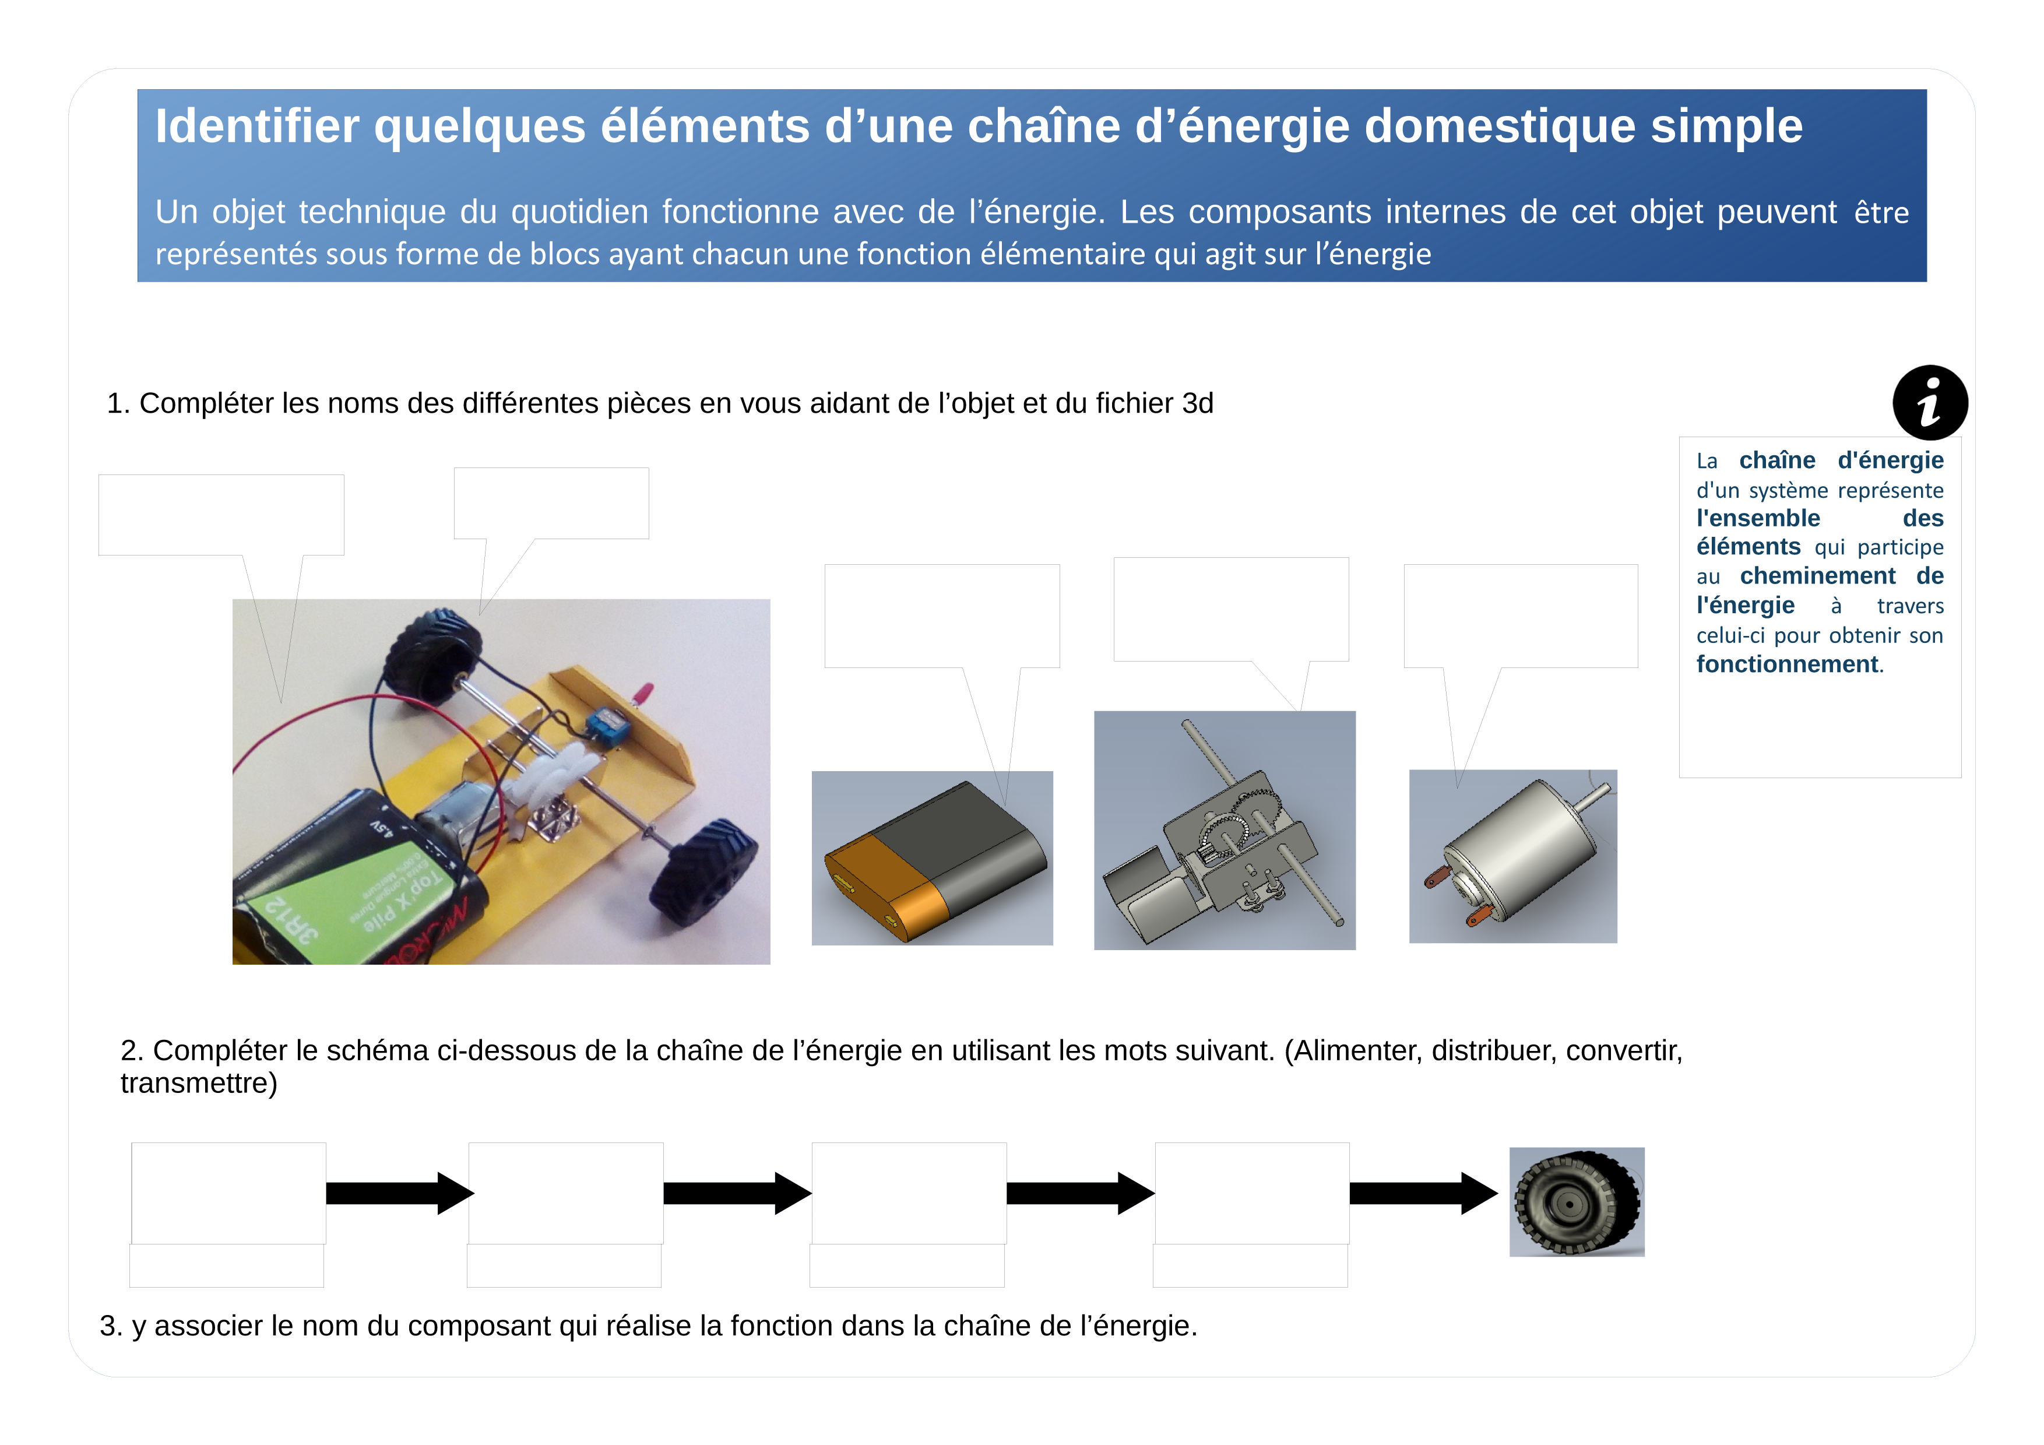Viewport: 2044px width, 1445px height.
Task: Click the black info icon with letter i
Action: coord(1929,402)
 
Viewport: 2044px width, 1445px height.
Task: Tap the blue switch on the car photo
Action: coord(608,725)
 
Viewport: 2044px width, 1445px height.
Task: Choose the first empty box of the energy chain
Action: coord(229,1193)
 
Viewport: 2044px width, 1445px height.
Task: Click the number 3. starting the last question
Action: coord(110,1326)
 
